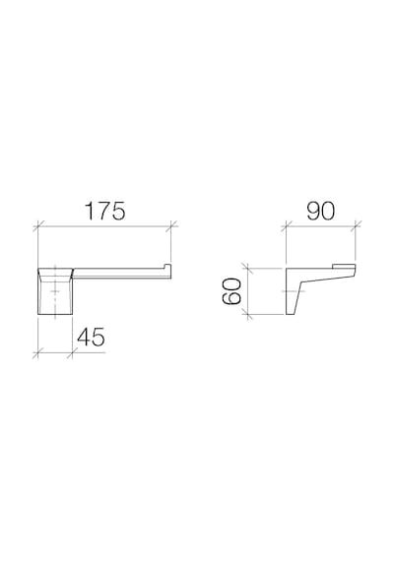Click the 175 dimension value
tap(105, 211)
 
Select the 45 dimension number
tap(91, 337)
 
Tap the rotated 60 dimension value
tap(231, 291)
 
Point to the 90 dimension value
tap(320, 211)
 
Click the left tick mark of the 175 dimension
tap(38, 226)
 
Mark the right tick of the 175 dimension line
tap(171, 226)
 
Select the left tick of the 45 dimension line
tap(38, 352)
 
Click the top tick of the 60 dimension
tap(247, 268)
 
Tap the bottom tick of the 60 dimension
tap(247, 315)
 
